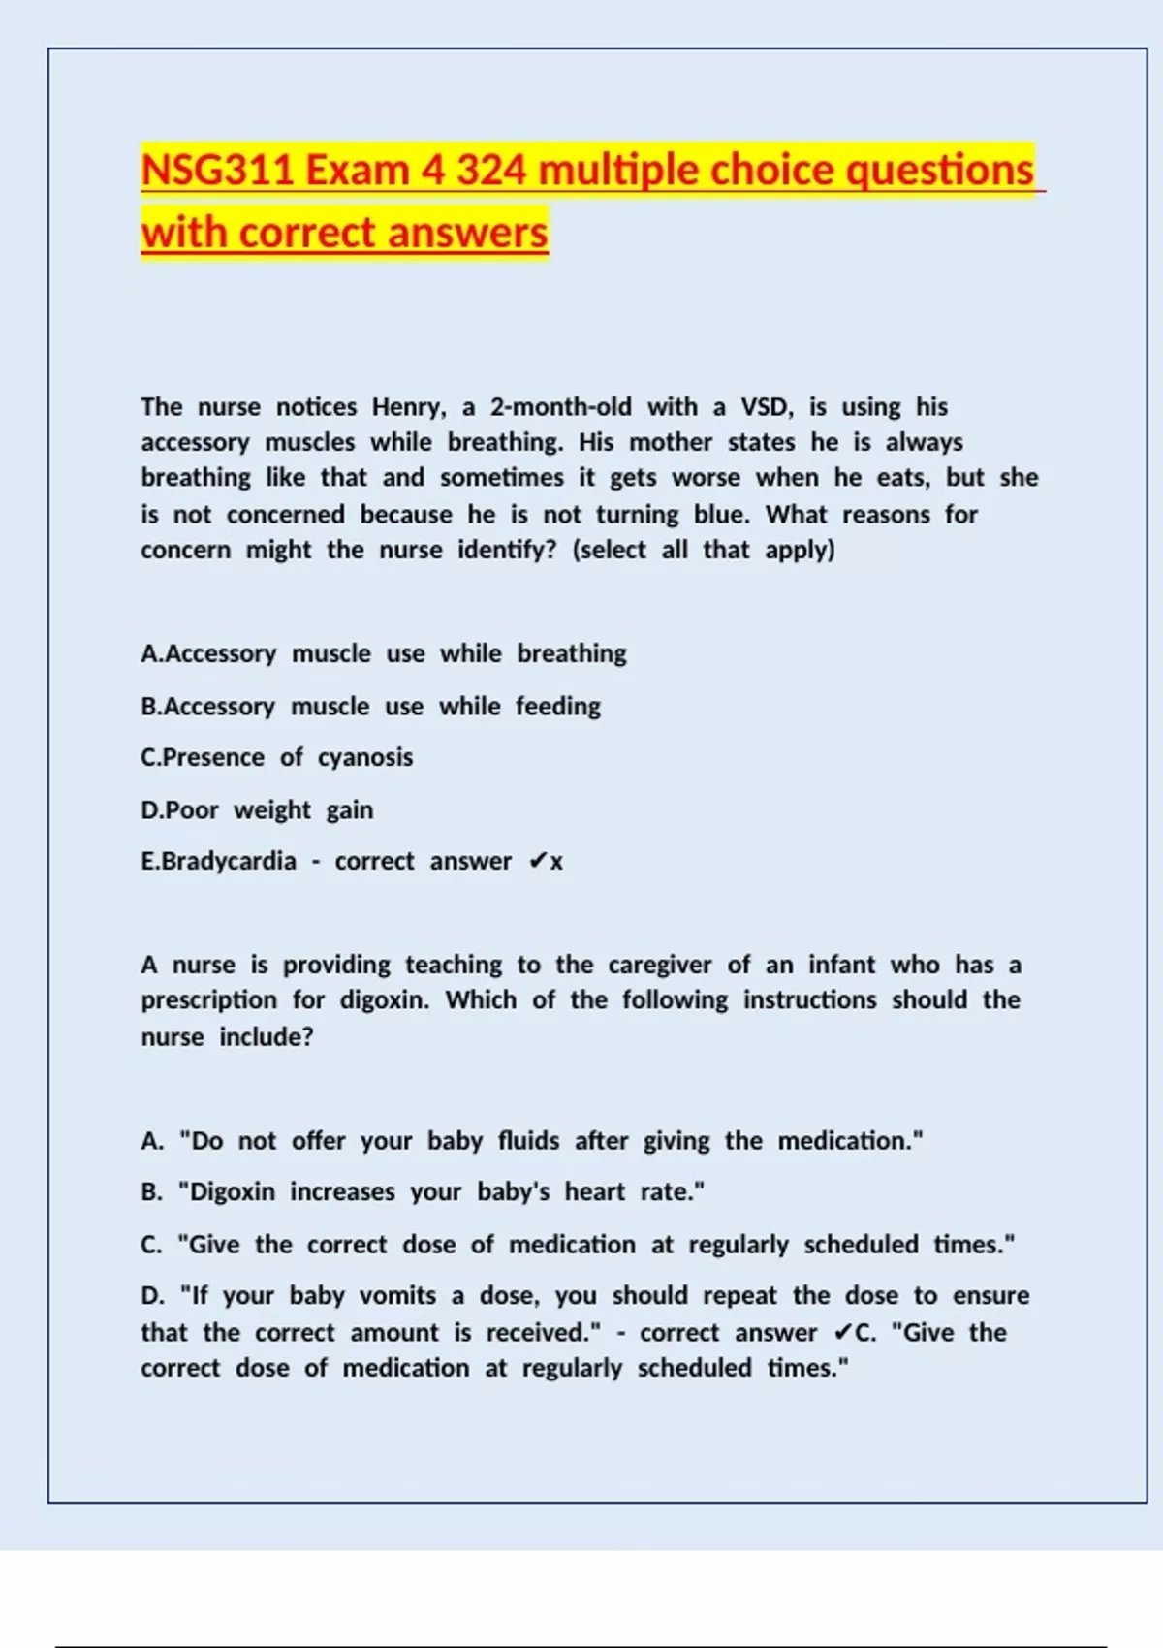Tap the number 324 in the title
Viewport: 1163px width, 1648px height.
pos(491,171)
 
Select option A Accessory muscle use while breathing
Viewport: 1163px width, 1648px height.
pos(384,654)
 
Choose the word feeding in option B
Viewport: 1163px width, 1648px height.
pos(557,707)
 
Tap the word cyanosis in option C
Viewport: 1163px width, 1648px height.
pos(365,758)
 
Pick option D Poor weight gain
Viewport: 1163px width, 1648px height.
pos(257,810)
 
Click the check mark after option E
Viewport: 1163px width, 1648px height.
pos(538,862)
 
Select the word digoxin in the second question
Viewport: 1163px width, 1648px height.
pos(384,1000)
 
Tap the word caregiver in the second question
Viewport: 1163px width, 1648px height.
pos(659,966)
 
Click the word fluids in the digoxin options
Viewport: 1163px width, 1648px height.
pos(528,1141)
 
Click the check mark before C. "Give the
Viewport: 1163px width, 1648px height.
pos(842,1333)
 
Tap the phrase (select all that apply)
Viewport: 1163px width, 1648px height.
pos(704,551)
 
